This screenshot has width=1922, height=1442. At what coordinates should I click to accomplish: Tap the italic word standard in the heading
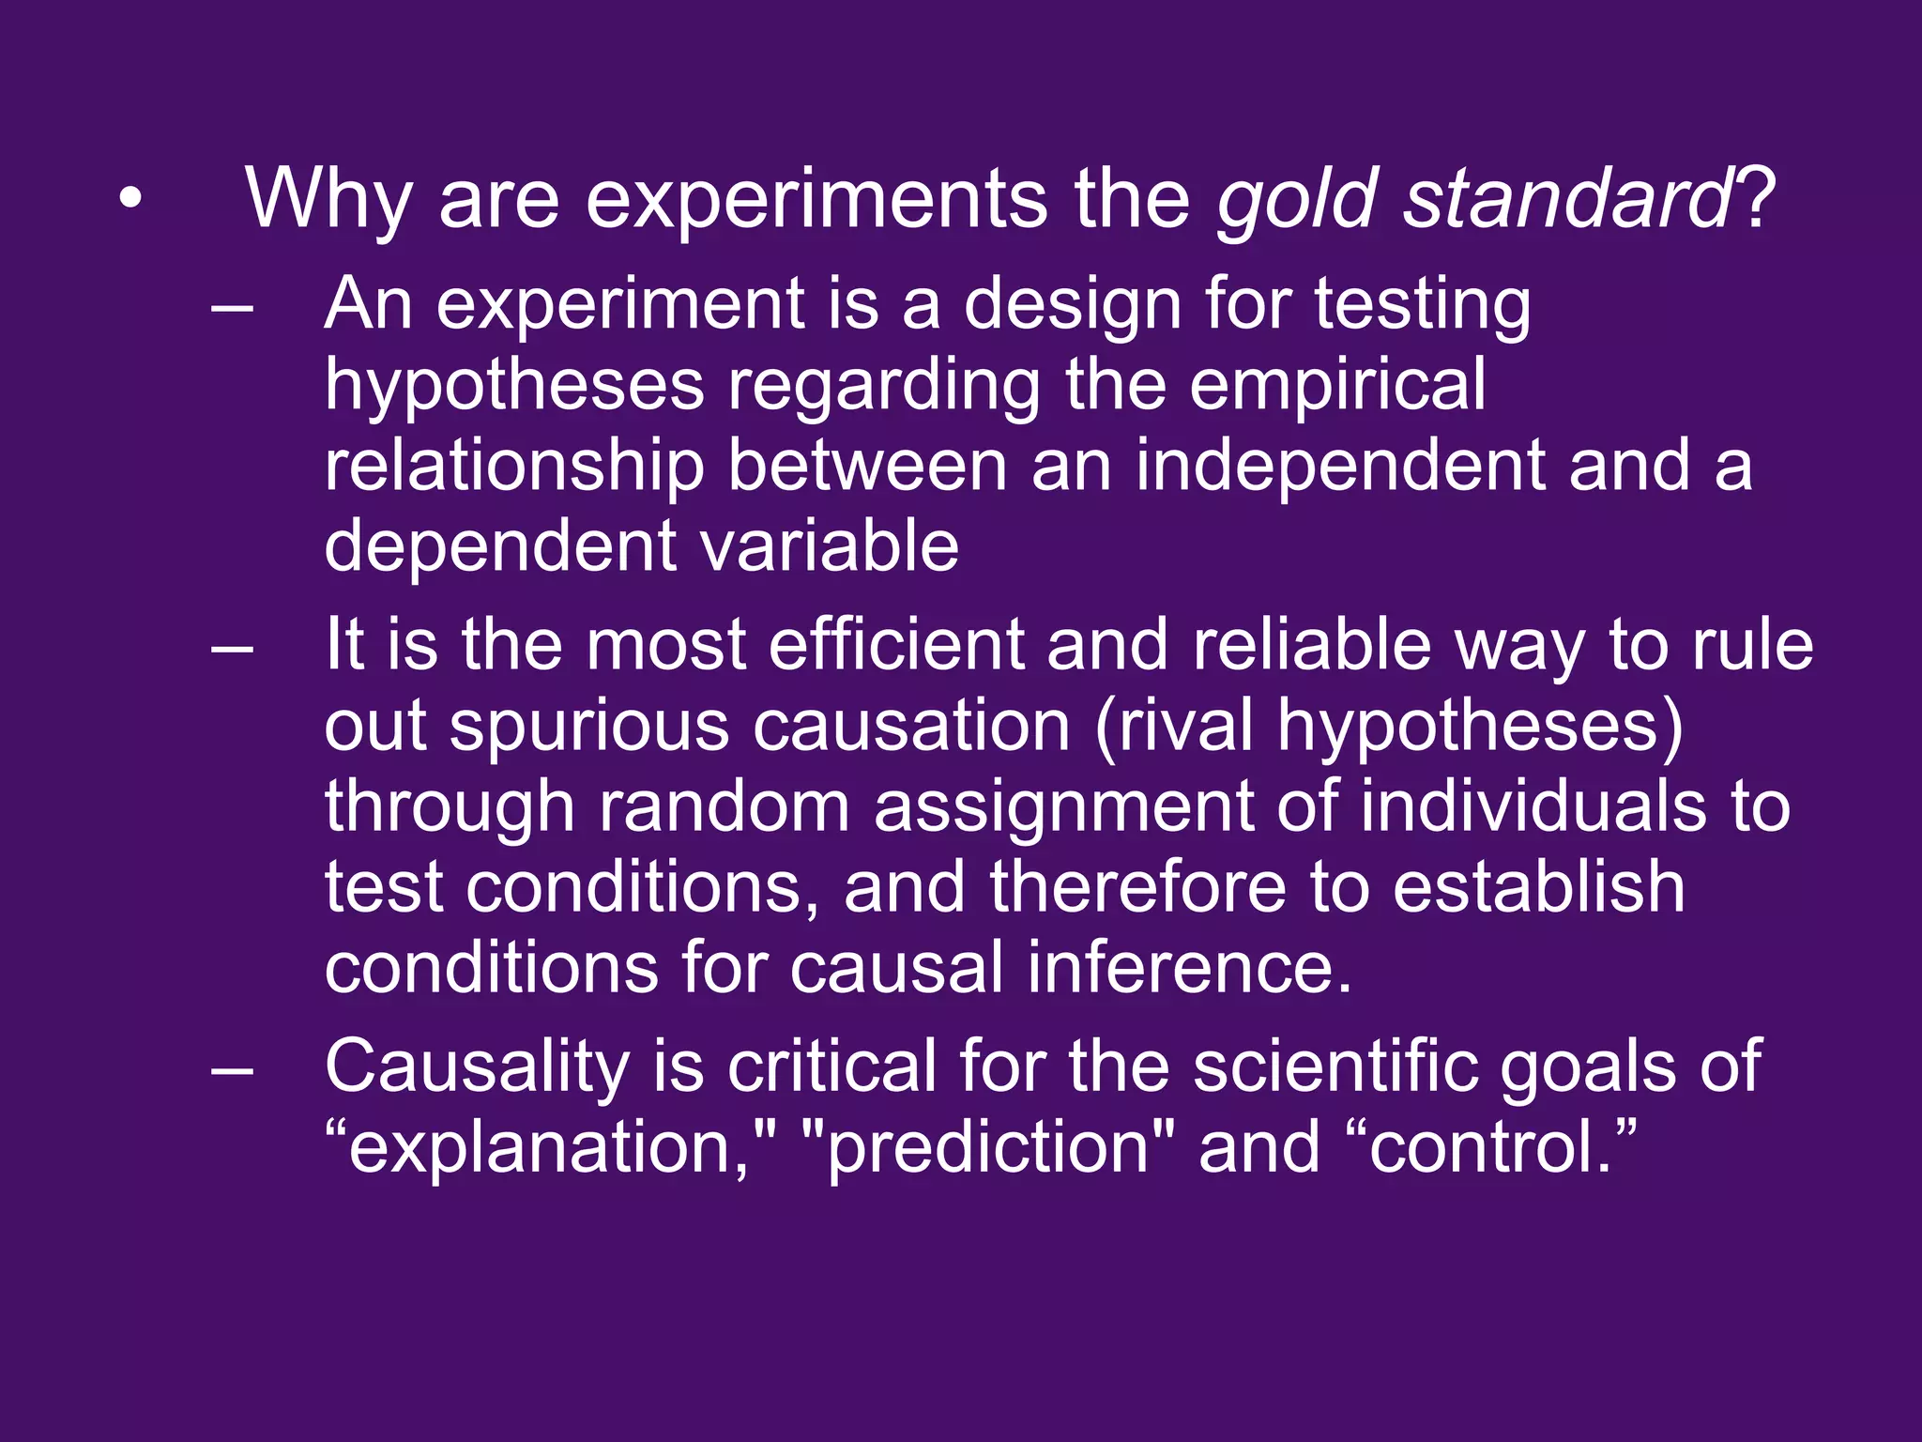tap(1566, 200)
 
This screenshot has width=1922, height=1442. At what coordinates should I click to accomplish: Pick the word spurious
tap(588, 727)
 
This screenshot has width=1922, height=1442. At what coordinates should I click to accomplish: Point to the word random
tap(724, 807)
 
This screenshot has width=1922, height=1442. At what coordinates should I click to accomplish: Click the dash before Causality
tap(233, 1070)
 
